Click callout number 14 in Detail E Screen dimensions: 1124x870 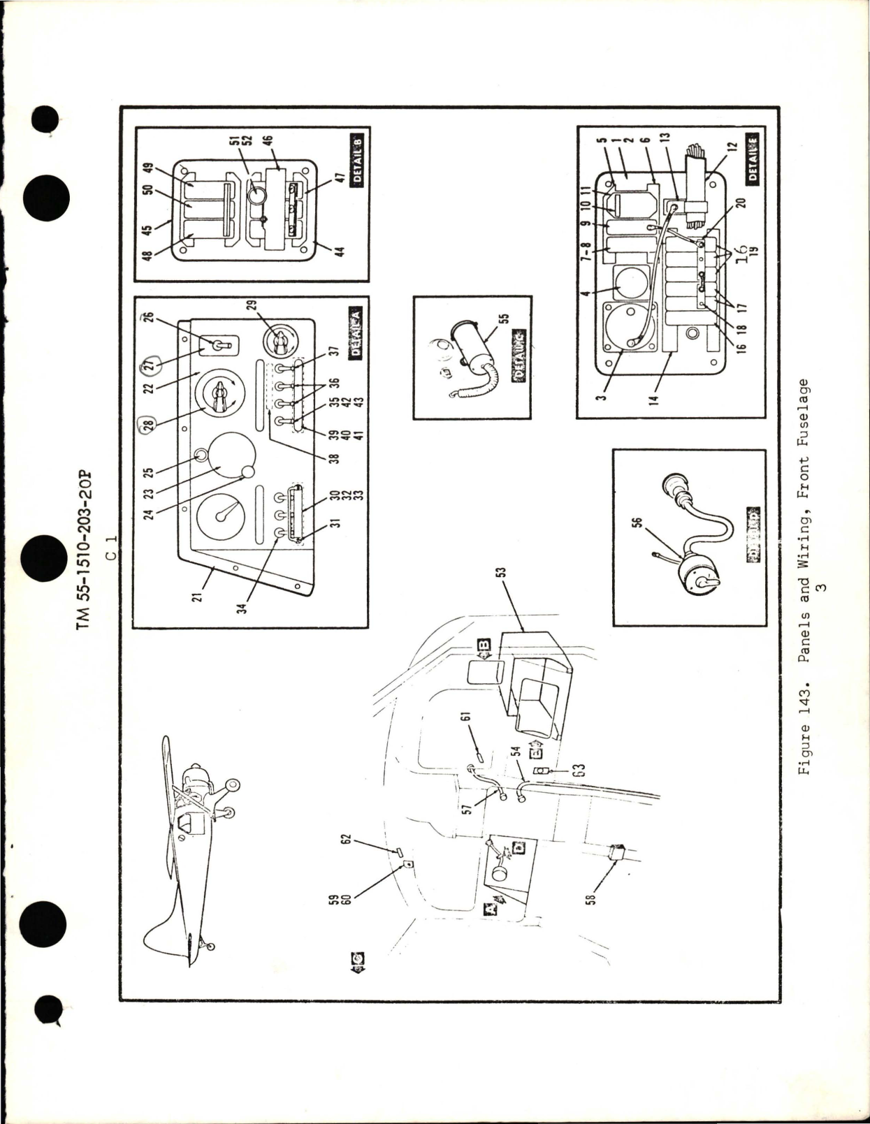point(602,403)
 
